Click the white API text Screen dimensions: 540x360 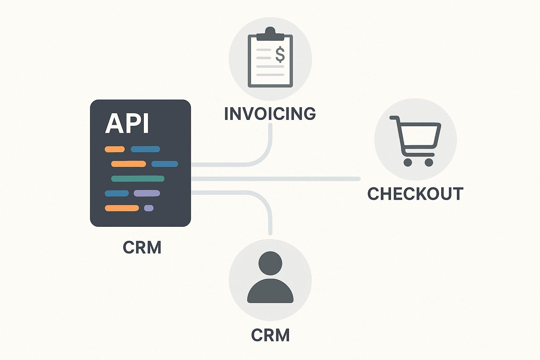[127, 123]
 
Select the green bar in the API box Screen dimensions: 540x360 [138, 179]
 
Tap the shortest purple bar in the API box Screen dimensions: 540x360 [149, 208]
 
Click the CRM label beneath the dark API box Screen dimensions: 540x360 [142, 247]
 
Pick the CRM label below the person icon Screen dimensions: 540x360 [270, 335]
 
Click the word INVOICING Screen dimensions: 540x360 [270, 113]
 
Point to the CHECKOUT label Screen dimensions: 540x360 [415, 193]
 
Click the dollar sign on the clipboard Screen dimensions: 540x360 [280, 54]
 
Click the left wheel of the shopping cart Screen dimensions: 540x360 [408, 162]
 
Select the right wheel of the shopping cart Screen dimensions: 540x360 [429, 162]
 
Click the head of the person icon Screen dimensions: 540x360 [270, 263]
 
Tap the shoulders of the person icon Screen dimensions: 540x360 [270, 291]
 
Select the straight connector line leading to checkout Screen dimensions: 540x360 [276, 179]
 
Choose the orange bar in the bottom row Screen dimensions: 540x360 [122, 208]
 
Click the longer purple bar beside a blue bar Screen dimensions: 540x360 [147, 193]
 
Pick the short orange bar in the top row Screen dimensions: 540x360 [115, 149]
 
